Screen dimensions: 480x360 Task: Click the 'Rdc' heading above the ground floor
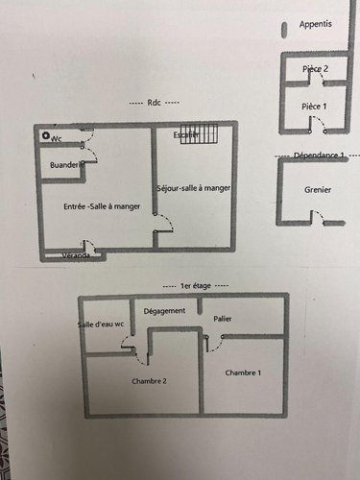point(153,104)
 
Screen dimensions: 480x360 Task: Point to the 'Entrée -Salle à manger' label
point(95,207)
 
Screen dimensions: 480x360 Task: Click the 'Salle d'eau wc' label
point(104,324)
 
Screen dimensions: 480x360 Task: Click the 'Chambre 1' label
point(243,372)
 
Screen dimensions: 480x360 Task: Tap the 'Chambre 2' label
point(151,380)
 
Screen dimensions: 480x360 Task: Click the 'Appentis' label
point(317,23)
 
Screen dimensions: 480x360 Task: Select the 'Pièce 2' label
point(315,69)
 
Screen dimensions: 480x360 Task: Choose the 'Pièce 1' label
point(315,106)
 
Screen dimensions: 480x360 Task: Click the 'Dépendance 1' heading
point(318,155)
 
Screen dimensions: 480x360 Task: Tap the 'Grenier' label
point(318,190)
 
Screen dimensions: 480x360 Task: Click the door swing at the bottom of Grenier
point(332,223)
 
